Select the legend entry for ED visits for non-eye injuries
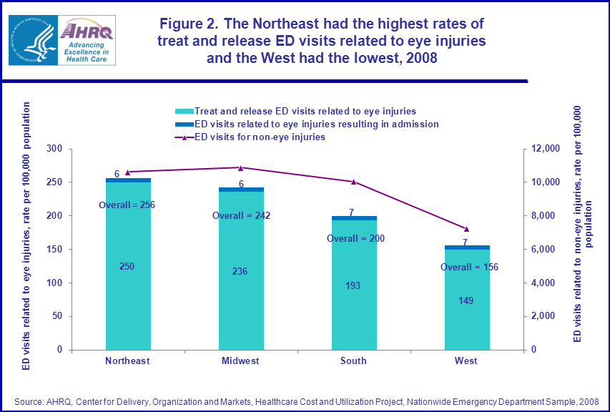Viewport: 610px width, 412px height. tap(260, 137)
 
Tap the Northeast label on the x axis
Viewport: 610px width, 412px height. tap(127, 360)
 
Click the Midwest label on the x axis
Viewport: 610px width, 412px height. tap(240, 360)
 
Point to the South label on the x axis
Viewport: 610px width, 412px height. tap(353, 360)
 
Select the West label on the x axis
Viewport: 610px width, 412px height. tap(466, 360)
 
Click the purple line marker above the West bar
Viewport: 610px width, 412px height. tap(466, 229)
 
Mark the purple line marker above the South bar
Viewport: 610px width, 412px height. tap(353, 182)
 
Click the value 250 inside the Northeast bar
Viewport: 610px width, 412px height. tap(127, 266)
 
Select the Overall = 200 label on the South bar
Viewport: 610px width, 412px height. tap(355, 238)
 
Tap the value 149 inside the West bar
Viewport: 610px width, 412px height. tap(466, 300)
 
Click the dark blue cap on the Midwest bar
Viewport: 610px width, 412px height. tap(240, 190)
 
